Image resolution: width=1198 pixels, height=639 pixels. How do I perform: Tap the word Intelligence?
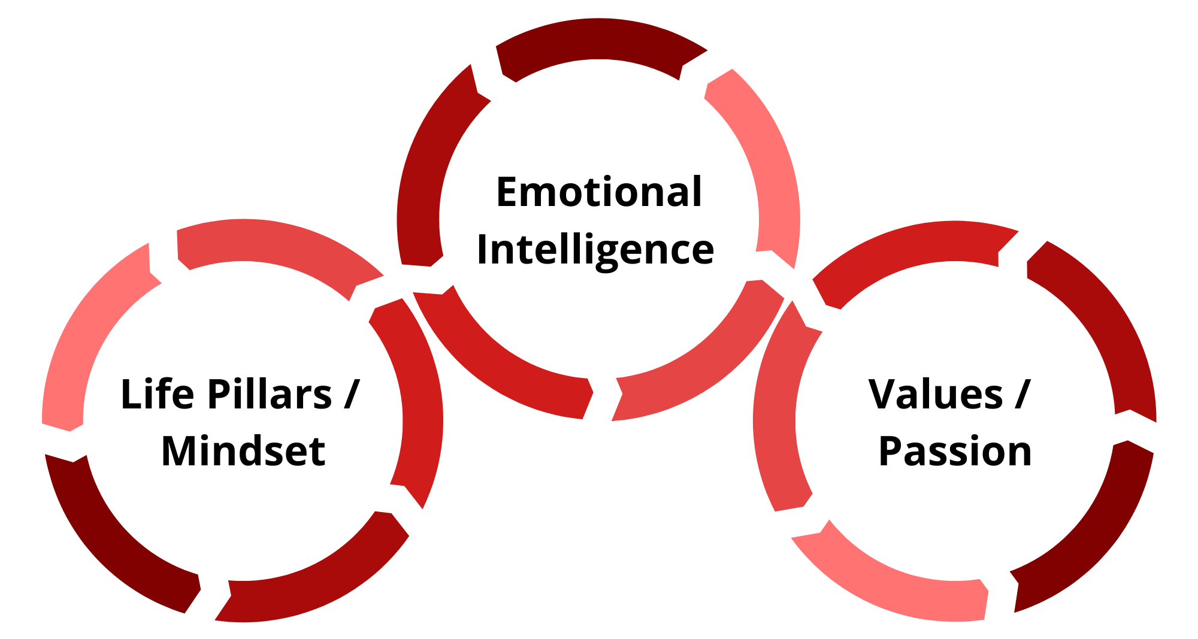click(x=595, y=250)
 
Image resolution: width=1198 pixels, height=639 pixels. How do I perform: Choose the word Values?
click(x=936, y=394)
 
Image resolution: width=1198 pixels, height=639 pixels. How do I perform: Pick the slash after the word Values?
click(x=1022, y=394)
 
